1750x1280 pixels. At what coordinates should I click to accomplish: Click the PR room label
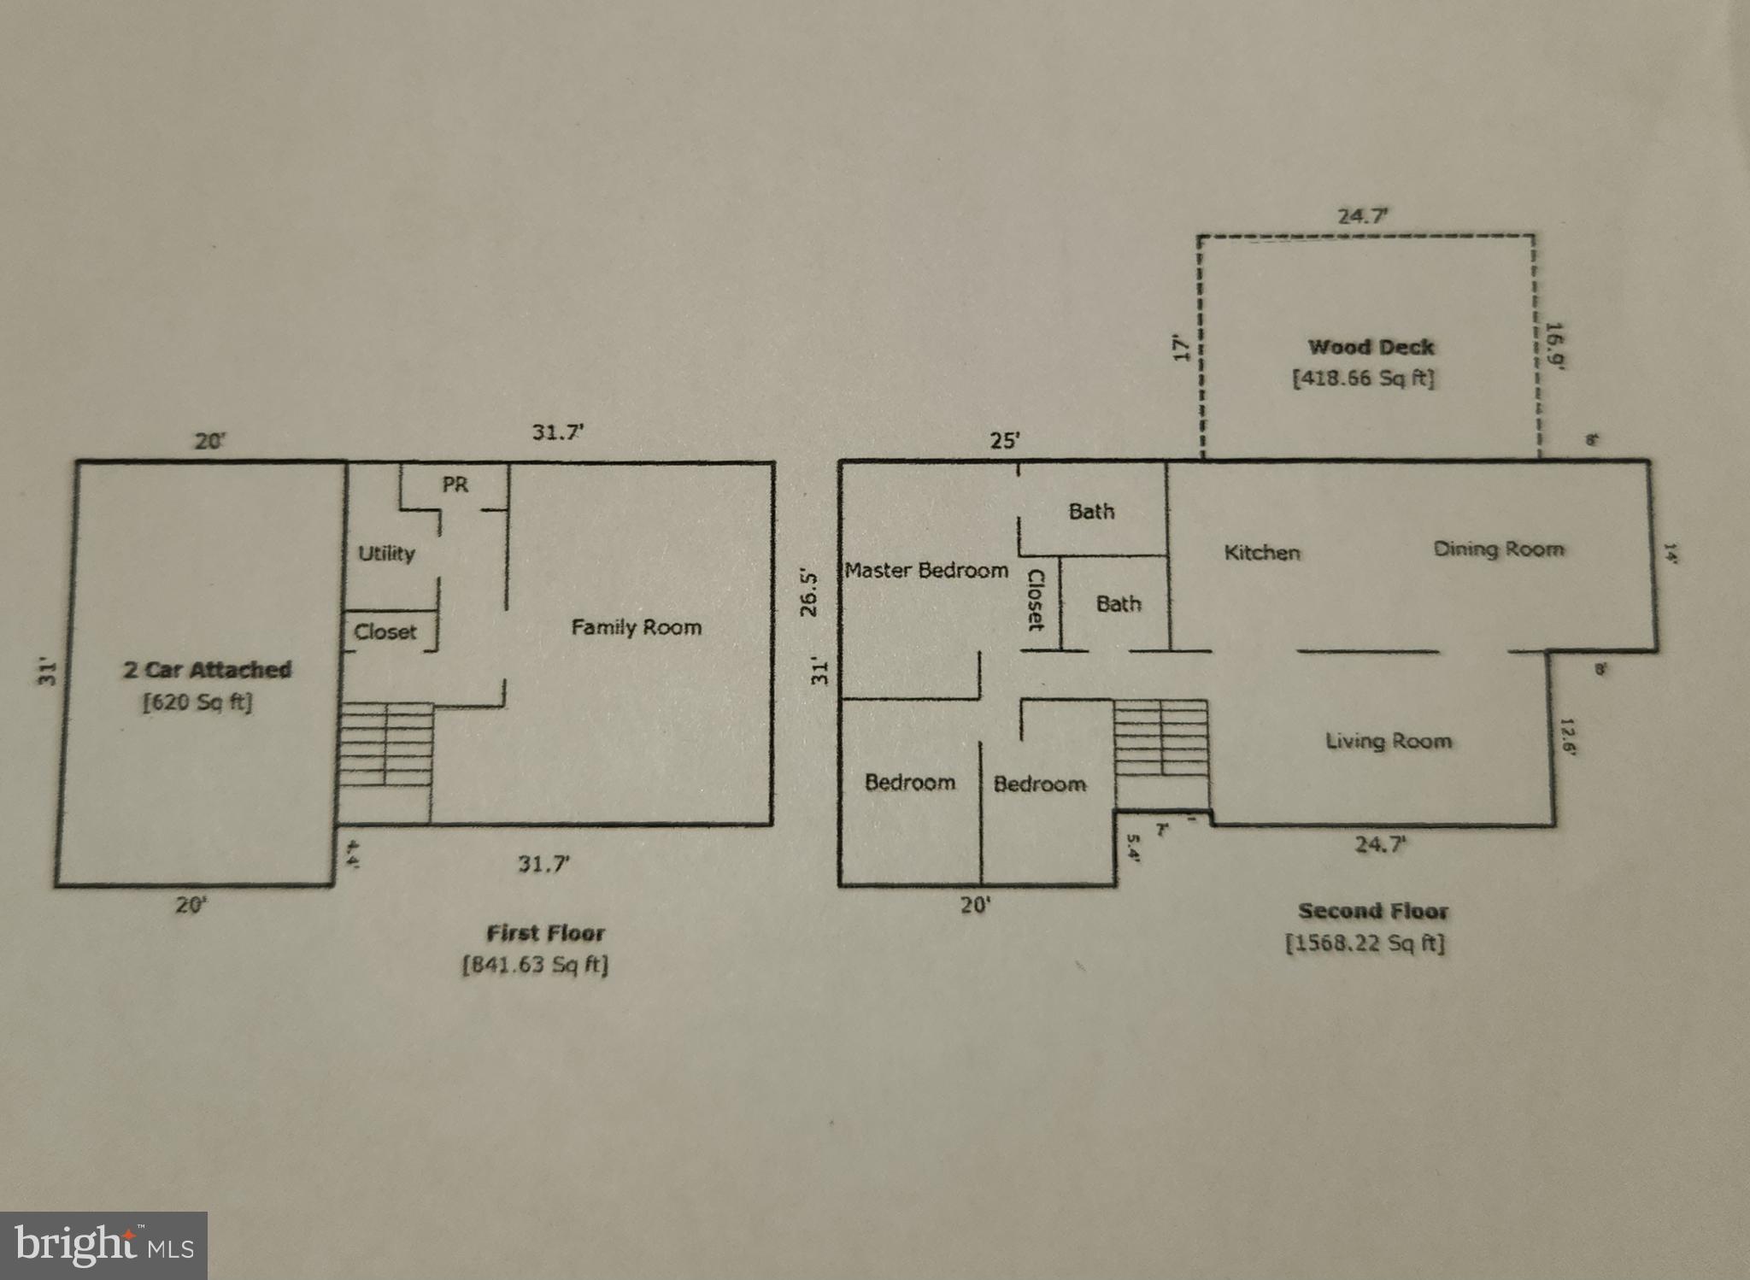click(x=455, y=484)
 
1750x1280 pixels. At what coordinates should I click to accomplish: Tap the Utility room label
click(x=386, y=553)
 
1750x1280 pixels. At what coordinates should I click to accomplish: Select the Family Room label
click(x=636, y=627)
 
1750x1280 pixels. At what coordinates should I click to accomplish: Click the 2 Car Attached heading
click(x=207, y=669)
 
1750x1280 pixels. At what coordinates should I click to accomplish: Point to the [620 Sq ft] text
click(x=198, y=702)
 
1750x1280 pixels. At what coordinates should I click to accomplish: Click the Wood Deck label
click(x=1371, y=347)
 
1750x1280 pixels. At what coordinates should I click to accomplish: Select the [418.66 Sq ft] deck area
click(x=1364, y=378)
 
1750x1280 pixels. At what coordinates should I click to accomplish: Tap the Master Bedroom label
click(x=926, y=570)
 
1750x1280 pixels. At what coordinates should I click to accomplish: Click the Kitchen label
click(x=1262, y=552)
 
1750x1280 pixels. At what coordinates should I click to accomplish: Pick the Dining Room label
click(x=1499, y=549)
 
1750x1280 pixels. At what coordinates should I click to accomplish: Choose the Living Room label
click(x=1388, y=741)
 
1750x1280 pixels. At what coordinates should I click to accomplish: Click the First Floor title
click(x=545, y=932)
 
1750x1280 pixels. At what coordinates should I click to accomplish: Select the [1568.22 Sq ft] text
click(x=1365, y=943)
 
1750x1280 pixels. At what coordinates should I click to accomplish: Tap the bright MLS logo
click(x=103, y=1245)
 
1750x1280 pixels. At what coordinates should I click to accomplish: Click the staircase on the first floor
click(x=386, y=743)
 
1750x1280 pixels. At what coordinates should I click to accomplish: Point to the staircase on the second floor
click(x=1160, y=739)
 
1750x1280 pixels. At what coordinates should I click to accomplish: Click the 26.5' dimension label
click(x=812, y=593)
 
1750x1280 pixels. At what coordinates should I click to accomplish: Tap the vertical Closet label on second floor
click(x=1035, y=600)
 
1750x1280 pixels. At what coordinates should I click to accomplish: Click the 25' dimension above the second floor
click(x=1005, y=441)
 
